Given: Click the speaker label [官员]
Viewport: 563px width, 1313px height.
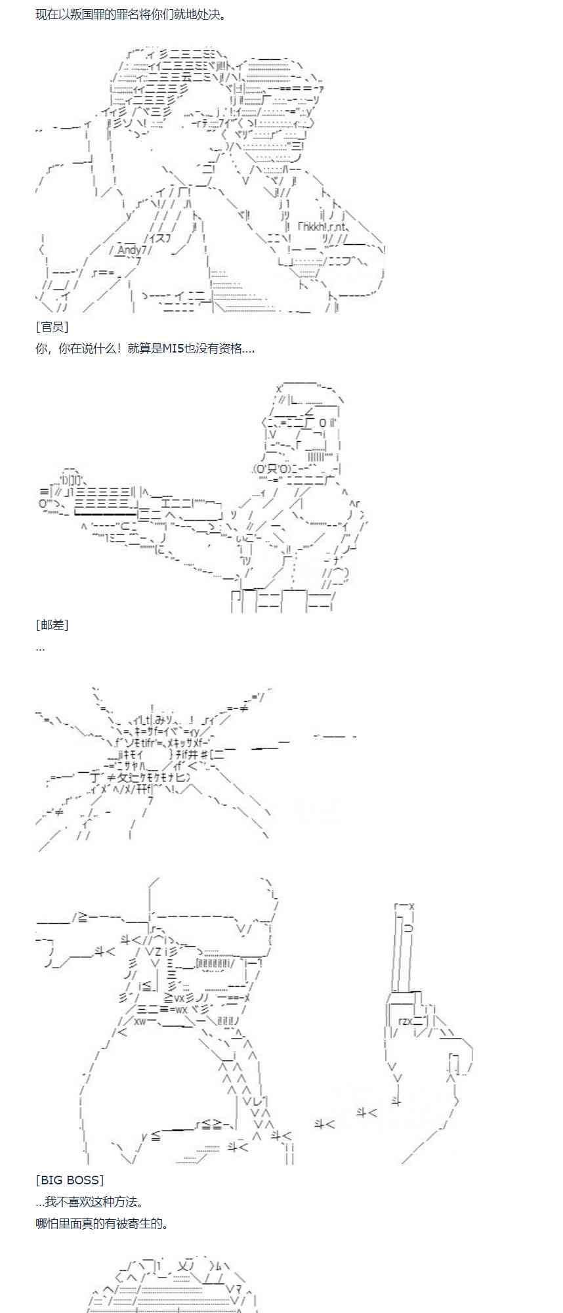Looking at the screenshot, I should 52,326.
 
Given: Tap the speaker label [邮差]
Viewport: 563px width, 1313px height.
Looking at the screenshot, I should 52,624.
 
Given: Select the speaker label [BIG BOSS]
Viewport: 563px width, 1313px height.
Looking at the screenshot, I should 70,1180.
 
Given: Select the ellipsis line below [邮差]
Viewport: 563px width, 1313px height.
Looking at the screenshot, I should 40,647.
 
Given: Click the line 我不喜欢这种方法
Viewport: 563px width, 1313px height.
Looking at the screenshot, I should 95,1201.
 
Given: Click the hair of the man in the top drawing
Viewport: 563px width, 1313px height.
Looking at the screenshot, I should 171,72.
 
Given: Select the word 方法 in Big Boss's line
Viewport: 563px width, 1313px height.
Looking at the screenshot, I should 125,1201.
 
